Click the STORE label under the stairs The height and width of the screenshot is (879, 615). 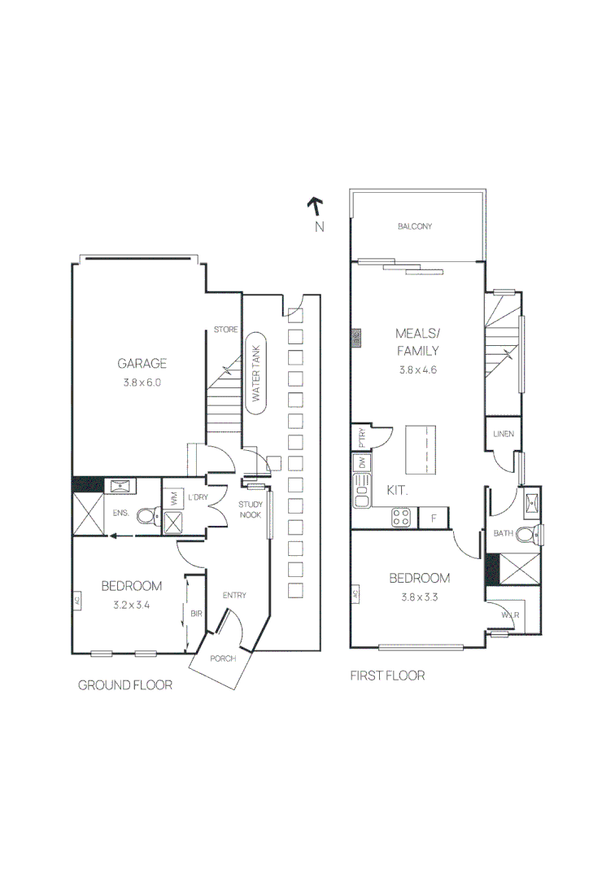(225, 330)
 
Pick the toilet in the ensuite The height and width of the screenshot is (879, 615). (148, 515)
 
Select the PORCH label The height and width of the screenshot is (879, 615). (222, 658)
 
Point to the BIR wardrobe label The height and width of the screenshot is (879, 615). (196, 614)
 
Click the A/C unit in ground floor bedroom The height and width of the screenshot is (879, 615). (77, 601)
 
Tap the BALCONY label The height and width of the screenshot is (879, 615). (414, 226)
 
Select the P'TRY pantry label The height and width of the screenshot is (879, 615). (362, 439)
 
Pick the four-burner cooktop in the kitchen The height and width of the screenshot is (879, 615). (401, 516)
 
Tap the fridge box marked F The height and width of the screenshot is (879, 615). (434, 517)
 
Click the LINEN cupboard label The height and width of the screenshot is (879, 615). (501, 434)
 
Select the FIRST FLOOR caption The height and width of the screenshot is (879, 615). (387, 676)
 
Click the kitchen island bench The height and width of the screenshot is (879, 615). (421, 448)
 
